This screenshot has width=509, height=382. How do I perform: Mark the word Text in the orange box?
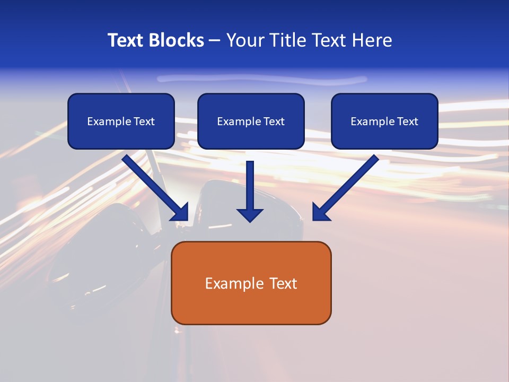(283, 283)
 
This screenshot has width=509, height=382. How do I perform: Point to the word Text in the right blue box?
(407, 121)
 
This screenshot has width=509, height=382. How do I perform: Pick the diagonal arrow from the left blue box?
(155, 187)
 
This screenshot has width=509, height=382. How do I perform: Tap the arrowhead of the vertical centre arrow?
(250, 215)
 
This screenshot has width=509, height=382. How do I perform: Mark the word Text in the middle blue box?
(274, 121)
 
